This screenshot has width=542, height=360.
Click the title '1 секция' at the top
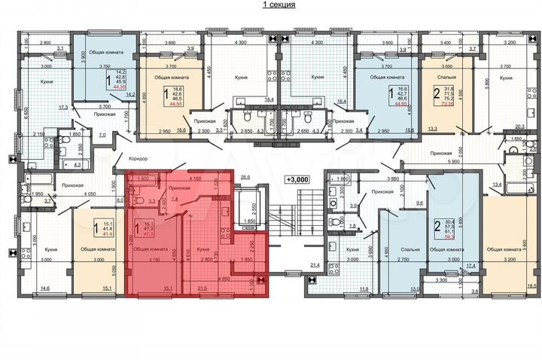coord(278,5)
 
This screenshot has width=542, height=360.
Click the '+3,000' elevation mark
coord(299,179)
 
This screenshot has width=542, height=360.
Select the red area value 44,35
coord(118,87)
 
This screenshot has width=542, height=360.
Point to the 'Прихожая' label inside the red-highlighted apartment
coord(179,188)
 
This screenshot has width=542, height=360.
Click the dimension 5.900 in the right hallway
coord(452,161)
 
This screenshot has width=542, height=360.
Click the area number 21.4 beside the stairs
coord(315,265)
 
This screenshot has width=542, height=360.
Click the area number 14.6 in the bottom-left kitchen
coord(44,287)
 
